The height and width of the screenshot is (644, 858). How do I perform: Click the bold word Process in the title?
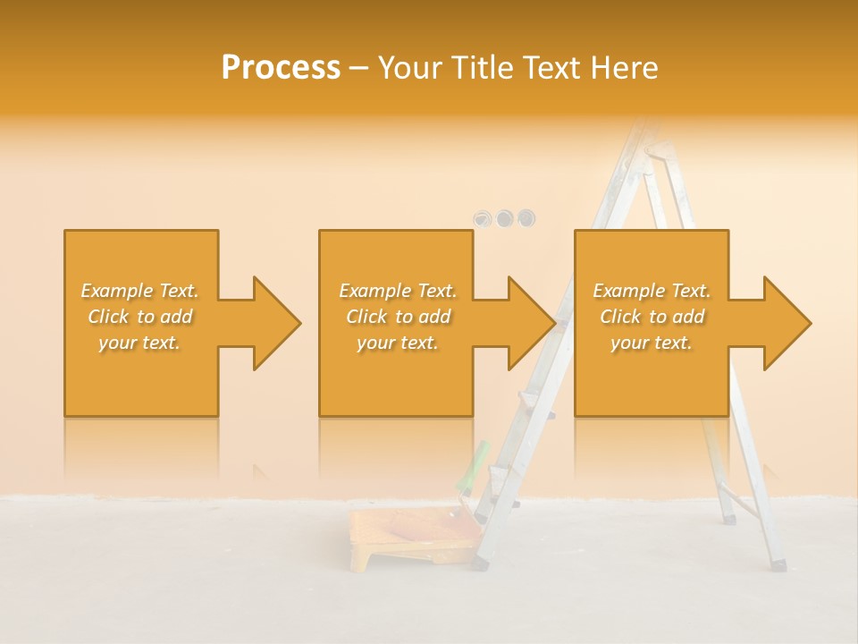[281, 68]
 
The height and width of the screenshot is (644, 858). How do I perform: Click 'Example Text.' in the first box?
[140, 291]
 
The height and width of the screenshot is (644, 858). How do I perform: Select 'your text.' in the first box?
[140, 343]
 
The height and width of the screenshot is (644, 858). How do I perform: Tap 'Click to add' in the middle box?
[398, 317]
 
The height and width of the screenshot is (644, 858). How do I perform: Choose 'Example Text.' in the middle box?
[398, 291]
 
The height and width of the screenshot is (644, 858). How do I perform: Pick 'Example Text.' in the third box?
[652, 291]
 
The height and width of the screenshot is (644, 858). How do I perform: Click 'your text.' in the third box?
[652, 343]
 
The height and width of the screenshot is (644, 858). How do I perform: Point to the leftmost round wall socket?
[484, 218]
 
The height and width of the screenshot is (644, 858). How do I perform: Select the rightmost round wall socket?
[526, 218]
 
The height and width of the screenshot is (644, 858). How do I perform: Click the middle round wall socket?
[505, 218]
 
